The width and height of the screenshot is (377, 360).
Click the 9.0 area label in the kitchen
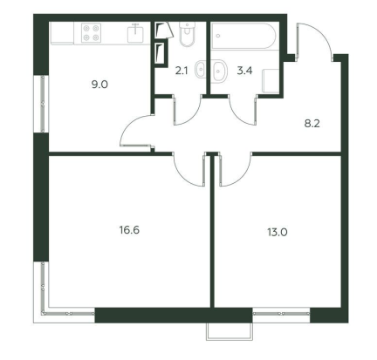(99, 85)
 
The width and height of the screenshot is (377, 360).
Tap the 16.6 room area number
(129, 230)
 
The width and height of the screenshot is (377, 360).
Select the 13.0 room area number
(278, 233)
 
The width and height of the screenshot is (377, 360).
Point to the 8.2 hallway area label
(312, 124)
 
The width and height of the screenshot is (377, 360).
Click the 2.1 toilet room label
(181, 71)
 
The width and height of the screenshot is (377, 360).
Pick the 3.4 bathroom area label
(244, 71)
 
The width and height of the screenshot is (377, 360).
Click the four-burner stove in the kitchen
(91, 33)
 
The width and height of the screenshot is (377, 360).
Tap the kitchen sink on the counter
(135, 33)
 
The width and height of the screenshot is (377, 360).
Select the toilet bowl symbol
(187, 34)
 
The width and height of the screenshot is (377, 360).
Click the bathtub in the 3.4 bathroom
(243, 36)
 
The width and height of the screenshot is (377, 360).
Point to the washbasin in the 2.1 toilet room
(200, 69)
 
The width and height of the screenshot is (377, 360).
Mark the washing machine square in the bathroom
(271, 81)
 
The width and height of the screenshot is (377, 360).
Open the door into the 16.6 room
(184, 177)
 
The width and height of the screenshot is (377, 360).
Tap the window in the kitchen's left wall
(43, 104)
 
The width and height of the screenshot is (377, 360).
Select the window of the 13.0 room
(281, 314)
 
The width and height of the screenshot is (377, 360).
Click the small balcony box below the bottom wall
(230, 331)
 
